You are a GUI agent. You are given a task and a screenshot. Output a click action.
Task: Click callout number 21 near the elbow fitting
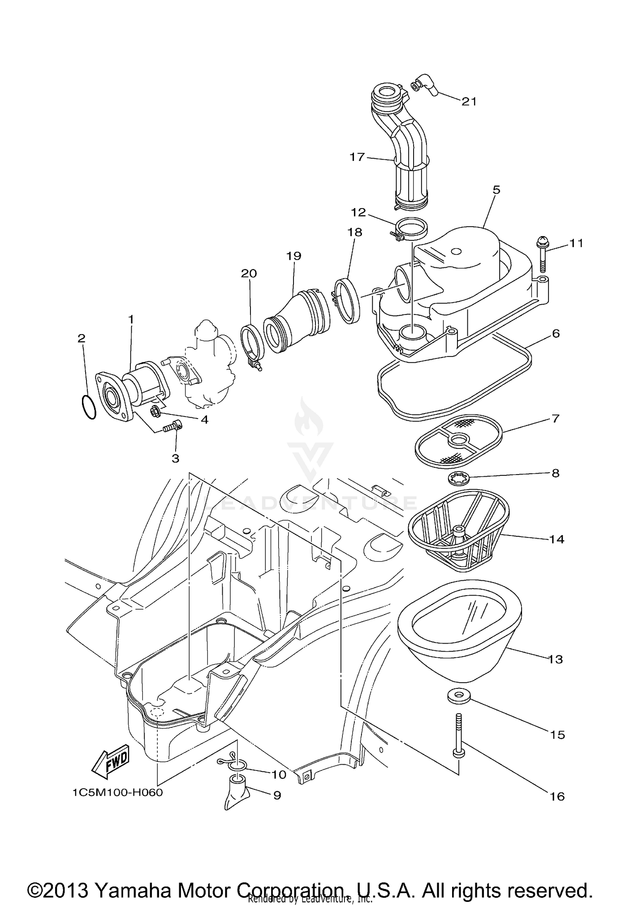[469, 102]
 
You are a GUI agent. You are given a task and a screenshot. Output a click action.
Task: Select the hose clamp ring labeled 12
[412, 229]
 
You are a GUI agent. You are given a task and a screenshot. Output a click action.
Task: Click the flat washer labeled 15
[459, 696]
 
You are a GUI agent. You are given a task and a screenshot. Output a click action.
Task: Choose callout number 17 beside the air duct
[357, 157]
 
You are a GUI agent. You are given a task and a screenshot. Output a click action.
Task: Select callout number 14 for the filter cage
[556, 539]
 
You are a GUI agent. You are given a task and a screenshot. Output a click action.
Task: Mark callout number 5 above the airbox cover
[496, 190]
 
